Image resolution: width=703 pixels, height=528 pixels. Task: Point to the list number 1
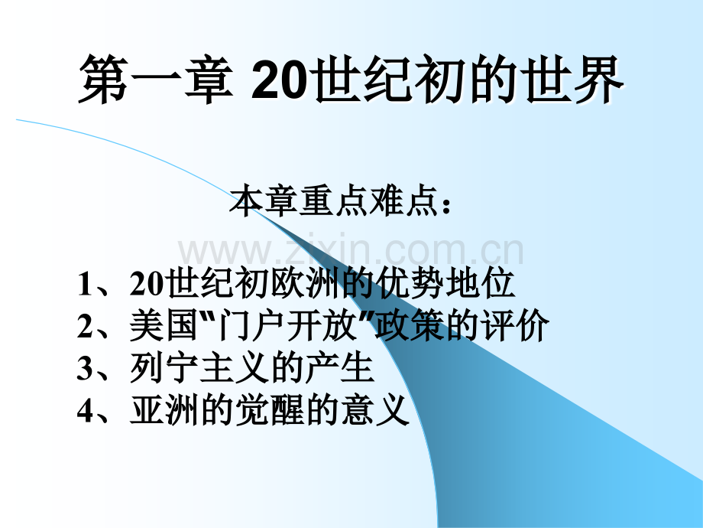click(x=85, y=285)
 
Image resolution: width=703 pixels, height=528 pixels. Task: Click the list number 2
click(x=85, y=328)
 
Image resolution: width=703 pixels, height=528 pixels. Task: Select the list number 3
click(x=85, y=370)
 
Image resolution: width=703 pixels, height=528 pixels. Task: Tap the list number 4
click(x=85, y=412)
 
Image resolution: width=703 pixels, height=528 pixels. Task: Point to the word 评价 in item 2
click(x=521, y=328)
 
